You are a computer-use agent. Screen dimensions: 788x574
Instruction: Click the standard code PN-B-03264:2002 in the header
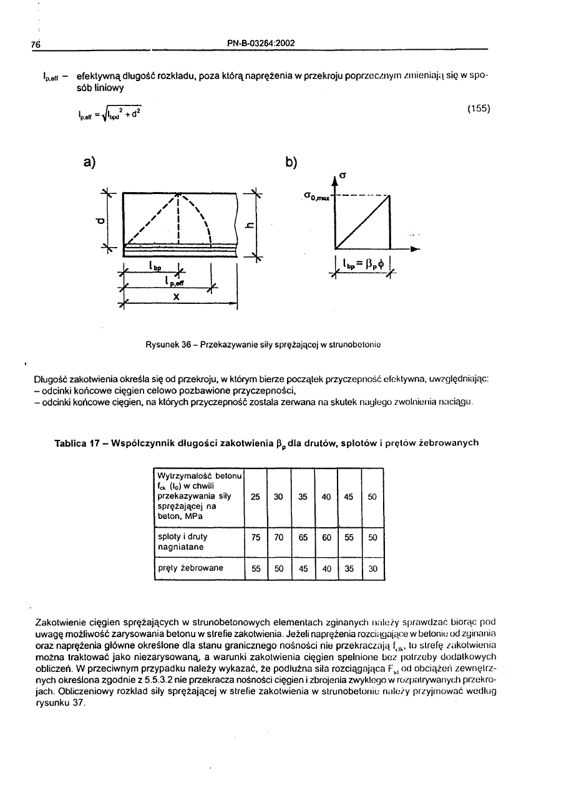tap(261, 43)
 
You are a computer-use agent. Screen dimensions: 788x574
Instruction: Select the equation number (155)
tap(478, 108)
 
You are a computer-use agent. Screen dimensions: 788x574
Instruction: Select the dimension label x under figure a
tap(177, 298)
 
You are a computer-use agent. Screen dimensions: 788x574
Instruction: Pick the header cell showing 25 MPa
tap(255, 497)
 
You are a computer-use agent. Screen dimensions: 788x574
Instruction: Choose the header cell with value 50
tap(372, 497)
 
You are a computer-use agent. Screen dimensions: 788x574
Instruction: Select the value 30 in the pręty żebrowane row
tap(372, 568)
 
